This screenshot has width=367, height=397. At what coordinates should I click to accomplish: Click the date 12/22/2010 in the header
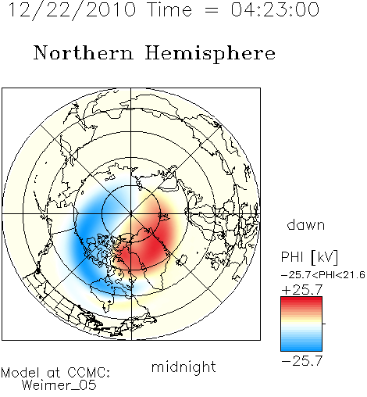click(73, 9)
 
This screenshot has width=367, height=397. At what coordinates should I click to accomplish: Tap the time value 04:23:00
click(275, 9)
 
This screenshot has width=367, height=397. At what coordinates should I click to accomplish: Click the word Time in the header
click(169, 9)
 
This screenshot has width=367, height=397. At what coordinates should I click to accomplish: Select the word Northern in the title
click(84, 52)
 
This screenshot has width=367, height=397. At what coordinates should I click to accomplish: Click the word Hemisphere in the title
click(210, 53)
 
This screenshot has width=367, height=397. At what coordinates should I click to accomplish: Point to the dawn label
click(306, 224)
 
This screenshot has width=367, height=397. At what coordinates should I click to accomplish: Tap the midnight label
click(183, 367)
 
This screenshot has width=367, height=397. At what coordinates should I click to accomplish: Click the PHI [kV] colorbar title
click(309, 257)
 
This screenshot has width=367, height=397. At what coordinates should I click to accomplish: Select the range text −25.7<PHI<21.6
click(323, 275)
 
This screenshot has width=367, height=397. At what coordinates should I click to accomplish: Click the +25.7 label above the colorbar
click(302, 289)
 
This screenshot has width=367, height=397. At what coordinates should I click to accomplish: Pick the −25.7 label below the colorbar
click(302, 361)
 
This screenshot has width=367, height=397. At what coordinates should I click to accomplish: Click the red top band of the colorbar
click(301, 300)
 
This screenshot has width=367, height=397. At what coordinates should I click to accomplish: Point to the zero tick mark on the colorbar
click(324, 324)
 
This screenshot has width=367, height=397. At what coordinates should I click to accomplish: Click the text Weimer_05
click(59, 385)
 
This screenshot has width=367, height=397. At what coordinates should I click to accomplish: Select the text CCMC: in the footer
click(89, 373)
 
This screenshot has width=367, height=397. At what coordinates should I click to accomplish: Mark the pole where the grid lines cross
click(131, 214)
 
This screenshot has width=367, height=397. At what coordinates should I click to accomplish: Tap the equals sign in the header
click(212, 10)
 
